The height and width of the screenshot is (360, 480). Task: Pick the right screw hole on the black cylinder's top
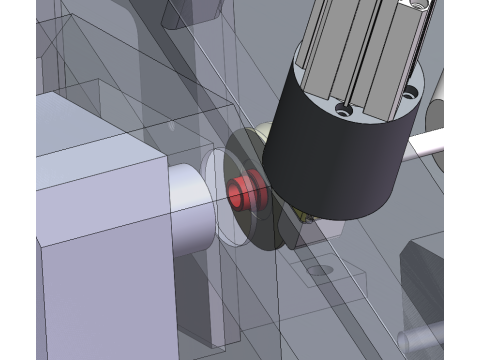pyautogui.click(x=410, y=95)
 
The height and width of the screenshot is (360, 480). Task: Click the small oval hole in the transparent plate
pyautogui.click(x=319, y=269)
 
